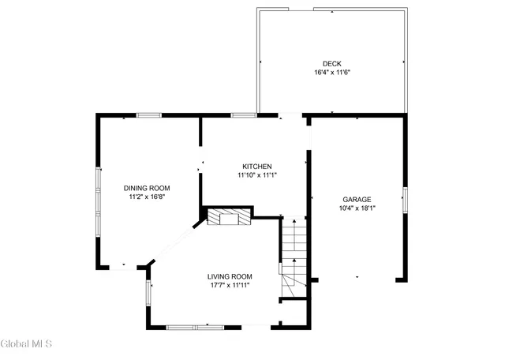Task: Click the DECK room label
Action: [331, 64]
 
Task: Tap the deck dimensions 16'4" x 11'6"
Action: [331, 72]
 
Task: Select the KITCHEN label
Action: [257, 166]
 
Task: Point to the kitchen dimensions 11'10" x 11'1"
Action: [257, 174]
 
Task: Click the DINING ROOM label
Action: [147, 188]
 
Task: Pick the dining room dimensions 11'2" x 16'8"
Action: [147, 197]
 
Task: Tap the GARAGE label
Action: [357, 200]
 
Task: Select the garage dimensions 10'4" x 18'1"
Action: [357, 208]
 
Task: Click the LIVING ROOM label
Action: [230, 276]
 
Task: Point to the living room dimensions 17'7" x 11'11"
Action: [230, 285]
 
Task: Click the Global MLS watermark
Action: [26, 343]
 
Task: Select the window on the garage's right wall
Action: [405, 201]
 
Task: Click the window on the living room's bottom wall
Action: [193, 326]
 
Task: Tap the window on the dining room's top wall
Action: [149, 116]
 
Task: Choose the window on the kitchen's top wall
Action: [244, 116]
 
